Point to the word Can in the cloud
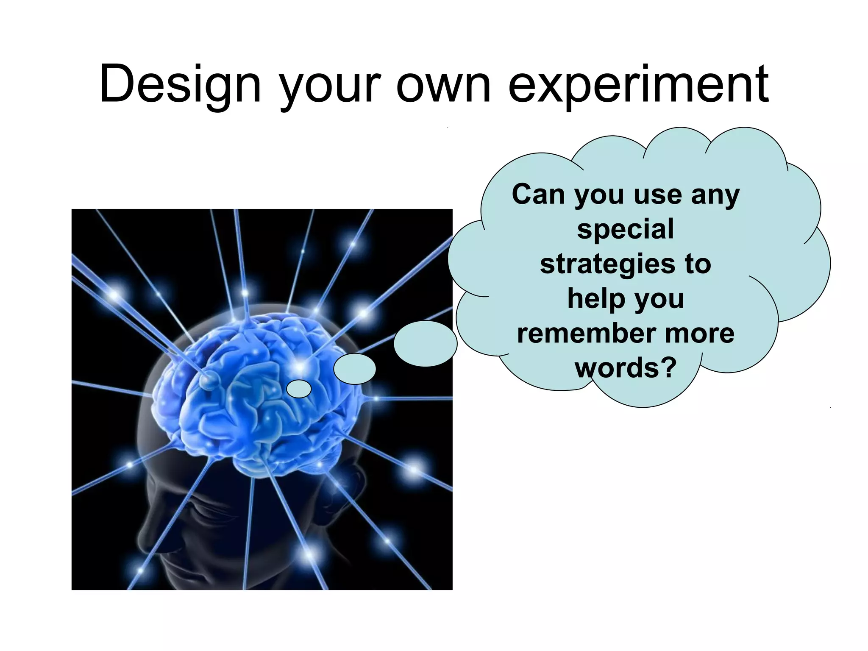(x=538, y=195)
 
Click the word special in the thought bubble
(x=625, y=229)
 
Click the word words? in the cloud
(x=625, y=367)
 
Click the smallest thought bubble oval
(x=299, y=389)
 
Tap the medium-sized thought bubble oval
(x=354, y=369)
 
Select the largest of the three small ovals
(x=425, y=343)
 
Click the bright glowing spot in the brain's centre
(x=300, y=365)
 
